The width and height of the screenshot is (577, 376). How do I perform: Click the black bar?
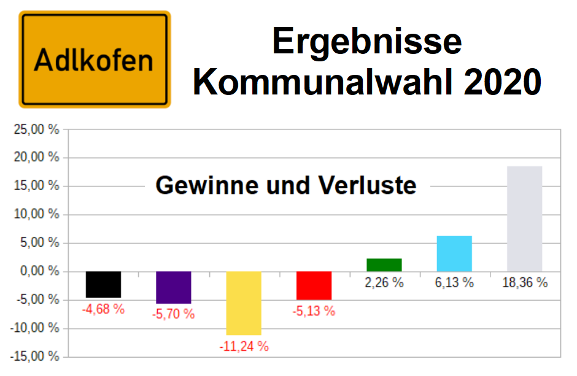click(103, 285)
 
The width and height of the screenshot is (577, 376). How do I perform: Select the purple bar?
click(174, 287)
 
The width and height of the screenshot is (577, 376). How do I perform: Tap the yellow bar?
click(244, 303)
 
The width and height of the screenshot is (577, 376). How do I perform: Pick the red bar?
click(314, 285)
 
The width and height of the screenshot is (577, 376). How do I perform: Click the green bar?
click(384, 265)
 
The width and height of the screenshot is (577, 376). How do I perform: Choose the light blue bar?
click(454, 254)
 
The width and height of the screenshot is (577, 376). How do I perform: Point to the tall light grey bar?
click(525, 219)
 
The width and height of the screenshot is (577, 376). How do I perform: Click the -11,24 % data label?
click(244, 346)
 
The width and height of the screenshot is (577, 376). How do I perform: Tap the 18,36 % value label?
click(525, 283)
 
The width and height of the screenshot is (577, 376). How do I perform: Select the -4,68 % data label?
click(103, 309)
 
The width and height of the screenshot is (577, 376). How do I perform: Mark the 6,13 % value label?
click(454, 283)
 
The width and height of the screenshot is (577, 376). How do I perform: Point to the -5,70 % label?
click(174, 314)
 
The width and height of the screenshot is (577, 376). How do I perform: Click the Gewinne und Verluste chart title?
click(286, 185)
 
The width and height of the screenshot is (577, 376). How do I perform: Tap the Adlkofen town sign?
click(95, 59)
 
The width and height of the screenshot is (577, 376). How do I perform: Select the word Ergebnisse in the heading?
click(366, 41)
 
